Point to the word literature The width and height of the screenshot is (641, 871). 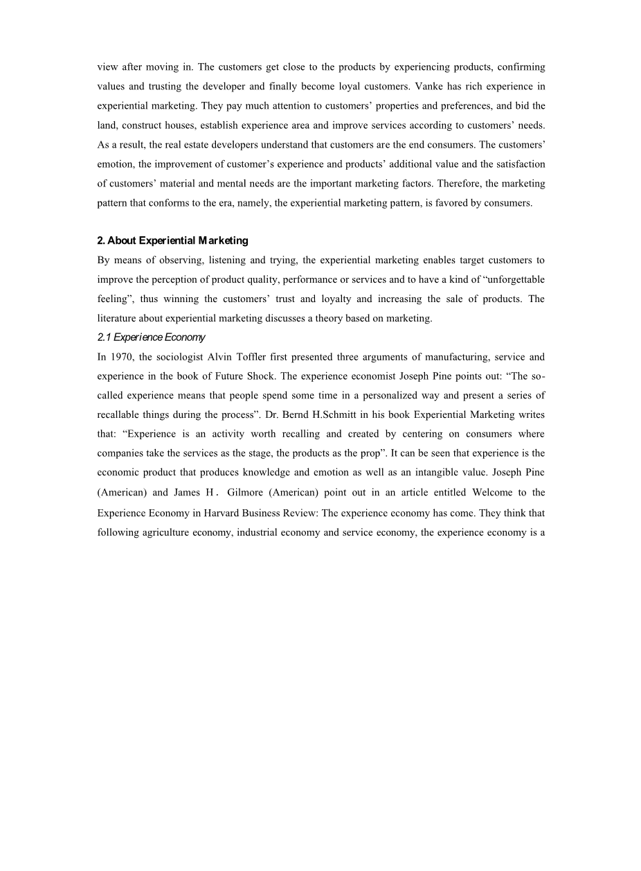[x=118, y=318]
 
